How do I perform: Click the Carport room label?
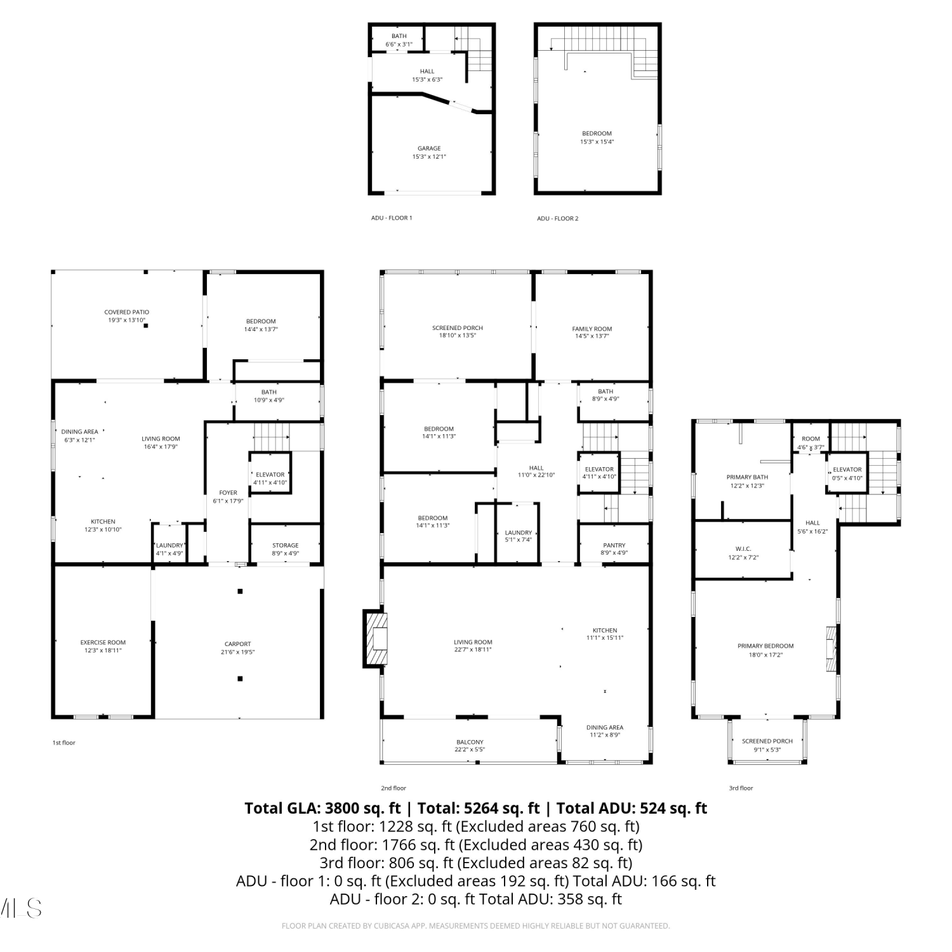click(x=238, y=644)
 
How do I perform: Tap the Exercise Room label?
click(x=103, y=642)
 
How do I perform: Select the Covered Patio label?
click(x=127, y=312)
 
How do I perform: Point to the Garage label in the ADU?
click(x=429, y=149)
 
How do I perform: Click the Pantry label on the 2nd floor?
click(x=614, y=545)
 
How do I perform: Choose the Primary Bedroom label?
click(x=765, y=646)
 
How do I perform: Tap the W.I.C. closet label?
click(x=743, y=549)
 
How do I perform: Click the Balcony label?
click(x=470, y=742)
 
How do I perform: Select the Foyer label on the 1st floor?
click(x=228, y=493)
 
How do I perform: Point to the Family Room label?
click(x=592, y=329)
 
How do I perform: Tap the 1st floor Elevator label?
click(x=270, y=475)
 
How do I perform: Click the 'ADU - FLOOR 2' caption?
click(x=558, y=218)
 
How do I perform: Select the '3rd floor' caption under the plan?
click(x=741, y=788)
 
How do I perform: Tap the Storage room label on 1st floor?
click(x=286, y=545)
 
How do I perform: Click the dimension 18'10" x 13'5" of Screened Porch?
click(x=458, y=335)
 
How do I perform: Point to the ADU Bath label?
click(x=399, y=36)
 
